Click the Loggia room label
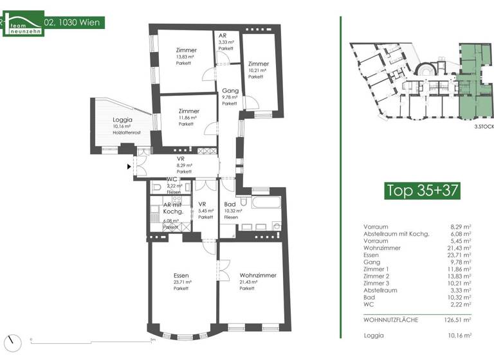coord(122,120)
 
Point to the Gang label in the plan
coord(230,91)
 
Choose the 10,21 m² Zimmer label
coord(258,64)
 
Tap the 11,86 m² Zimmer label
coord(188,111)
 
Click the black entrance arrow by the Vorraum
coord(129,167)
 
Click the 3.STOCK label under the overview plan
coord(483,127)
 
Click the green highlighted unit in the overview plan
coord(476,77)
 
